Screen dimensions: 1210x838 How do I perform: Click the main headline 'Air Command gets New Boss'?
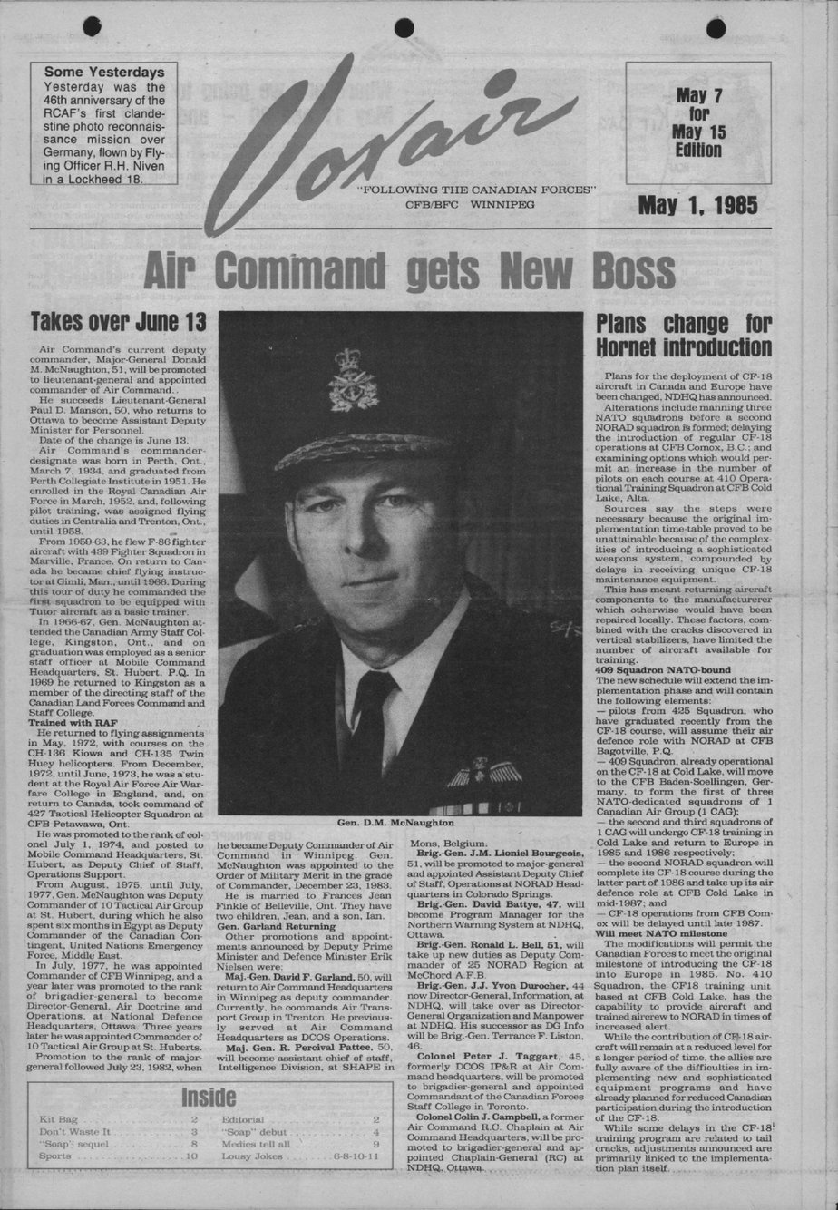tap(409, 270)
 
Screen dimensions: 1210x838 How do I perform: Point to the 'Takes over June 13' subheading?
tap(118, 322)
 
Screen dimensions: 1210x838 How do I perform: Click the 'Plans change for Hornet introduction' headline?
tap(684, 336)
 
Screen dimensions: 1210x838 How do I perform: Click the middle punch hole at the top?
tap(404, 28)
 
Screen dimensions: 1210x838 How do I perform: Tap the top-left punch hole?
tap(92, 27)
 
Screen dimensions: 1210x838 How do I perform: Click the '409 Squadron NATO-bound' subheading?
tap(663, 670)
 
